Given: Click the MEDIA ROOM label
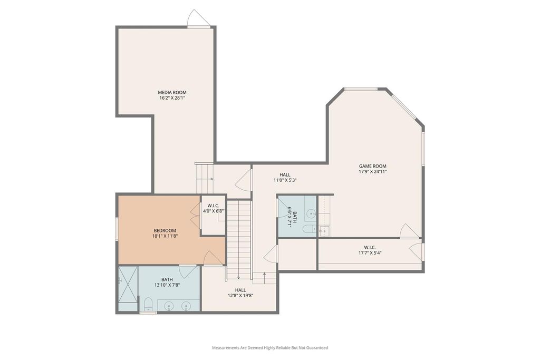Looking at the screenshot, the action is click(172, 92).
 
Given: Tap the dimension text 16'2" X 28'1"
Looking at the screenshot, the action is click(172, 98).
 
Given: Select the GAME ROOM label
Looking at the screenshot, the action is click(373, 166).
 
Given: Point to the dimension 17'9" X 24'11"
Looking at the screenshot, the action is click(373, 171).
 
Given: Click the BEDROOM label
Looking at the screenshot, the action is click(165, 230).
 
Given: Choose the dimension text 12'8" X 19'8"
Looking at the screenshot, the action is click(240, 296).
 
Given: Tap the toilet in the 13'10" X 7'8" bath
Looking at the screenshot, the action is click(148, 305).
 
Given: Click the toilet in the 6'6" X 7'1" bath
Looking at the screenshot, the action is click(308, 229).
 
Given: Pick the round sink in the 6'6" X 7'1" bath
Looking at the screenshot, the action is click(311, 213).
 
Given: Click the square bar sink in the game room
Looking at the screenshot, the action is click(324, 231).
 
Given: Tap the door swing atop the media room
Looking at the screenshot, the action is click(198, 17).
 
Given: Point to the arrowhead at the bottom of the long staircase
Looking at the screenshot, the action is click(238, 278).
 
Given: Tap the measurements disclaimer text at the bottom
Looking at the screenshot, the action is click(270, 347).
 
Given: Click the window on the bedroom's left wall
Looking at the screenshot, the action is click(117, 229).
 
